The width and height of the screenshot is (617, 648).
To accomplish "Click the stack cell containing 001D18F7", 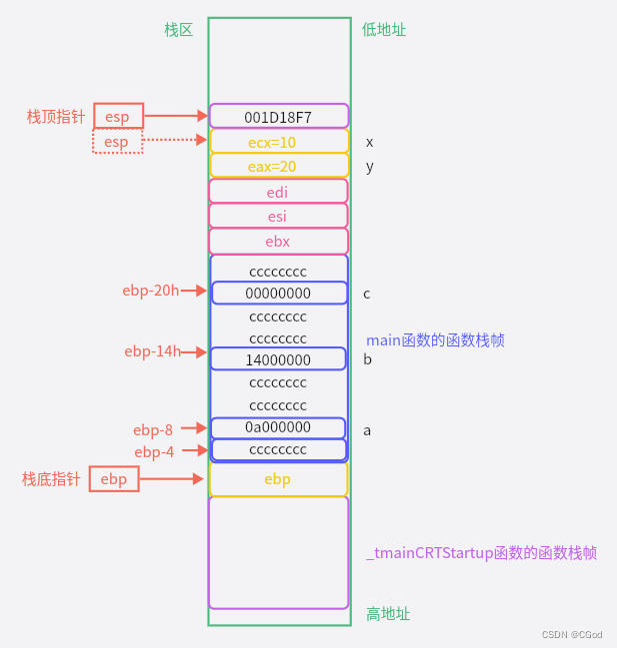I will (278, 117).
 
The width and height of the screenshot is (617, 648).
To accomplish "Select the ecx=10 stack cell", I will (278, 142).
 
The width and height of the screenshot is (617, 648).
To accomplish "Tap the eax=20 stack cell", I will (278, 166).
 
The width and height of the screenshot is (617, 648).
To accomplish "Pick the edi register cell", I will (278, 191).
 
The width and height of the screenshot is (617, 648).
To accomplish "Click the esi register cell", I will (278, 216).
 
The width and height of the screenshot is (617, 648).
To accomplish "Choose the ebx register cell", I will (278, 241).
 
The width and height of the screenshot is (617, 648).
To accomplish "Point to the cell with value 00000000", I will (278, 294).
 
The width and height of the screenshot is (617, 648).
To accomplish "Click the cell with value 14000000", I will (278, 359).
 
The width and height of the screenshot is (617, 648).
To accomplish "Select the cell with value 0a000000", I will (278, 427).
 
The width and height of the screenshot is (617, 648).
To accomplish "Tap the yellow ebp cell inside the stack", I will (278, 479).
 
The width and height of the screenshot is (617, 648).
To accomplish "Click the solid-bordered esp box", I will (118, 117).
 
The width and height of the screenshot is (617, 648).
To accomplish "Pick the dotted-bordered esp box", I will (117, 142).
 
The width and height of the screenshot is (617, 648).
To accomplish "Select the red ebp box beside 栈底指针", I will (114, 479).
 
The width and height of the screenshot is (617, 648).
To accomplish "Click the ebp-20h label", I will (150, 291).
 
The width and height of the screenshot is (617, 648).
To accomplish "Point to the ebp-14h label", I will (151, 351).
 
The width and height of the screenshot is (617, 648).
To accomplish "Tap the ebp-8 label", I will (153, 430).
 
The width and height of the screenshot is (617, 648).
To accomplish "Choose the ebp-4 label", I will (154, 451).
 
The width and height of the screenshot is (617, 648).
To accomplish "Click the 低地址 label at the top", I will (384, 30).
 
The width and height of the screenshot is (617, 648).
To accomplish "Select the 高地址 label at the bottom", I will (388, 614).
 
